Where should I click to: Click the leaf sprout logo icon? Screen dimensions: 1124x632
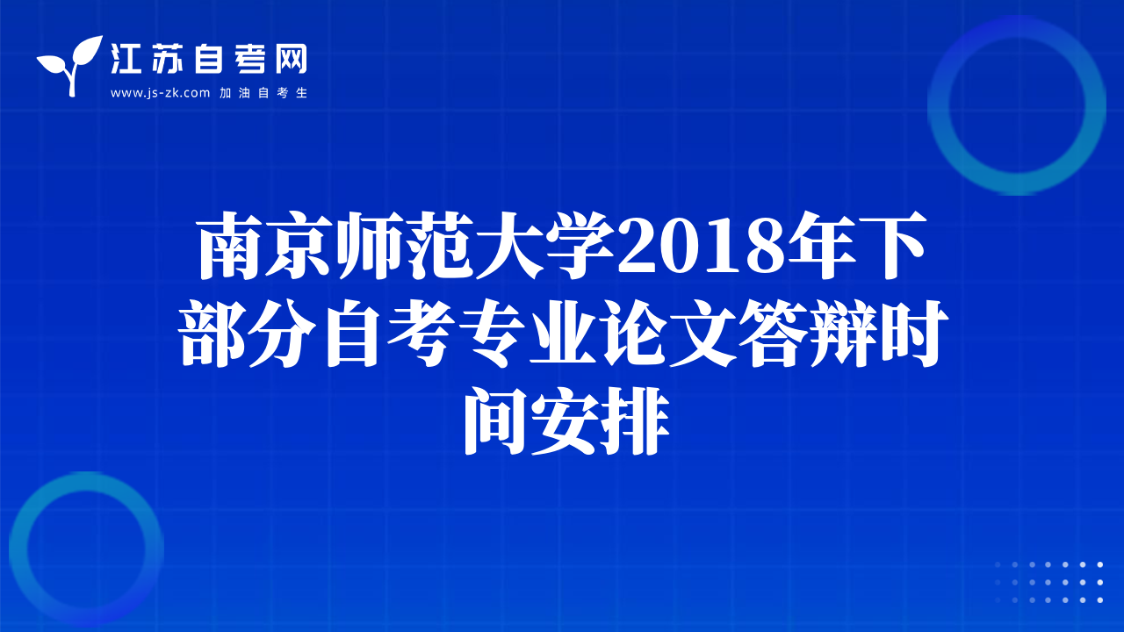point(70,65)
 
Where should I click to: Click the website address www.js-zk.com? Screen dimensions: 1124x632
point(160,93)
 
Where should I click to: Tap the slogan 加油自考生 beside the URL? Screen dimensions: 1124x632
point(263,93)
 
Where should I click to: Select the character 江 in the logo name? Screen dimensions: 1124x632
point(126,59)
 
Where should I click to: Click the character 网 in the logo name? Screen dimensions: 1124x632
point(291,59)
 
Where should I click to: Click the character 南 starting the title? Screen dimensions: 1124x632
point(230,246)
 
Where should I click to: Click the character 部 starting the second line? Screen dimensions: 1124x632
point(213,333)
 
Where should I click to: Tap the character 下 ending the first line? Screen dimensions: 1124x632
point(893,246)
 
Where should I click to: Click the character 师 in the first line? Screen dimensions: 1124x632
point(371,246)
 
